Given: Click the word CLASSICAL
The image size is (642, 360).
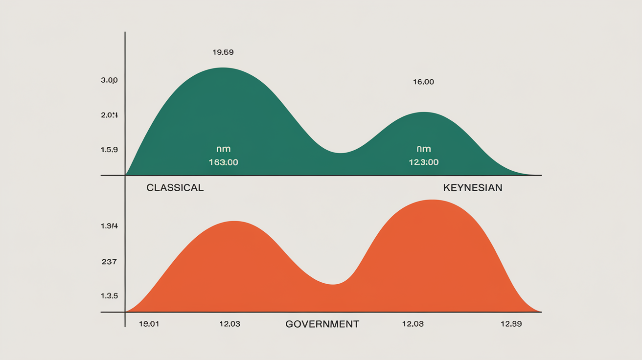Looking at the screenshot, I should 175,188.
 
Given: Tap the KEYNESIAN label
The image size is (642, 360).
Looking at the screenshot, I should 472,188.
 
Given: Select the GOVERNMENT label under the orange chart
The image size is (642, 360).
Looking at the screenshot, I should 322,324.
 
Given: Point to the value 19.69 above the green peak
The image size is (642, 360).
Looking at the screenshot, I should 223,52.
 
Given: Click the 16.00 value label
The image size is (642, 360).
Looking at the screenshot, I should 423,82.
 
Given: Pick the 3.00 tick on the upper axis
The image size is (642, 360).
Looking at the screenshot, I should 109,80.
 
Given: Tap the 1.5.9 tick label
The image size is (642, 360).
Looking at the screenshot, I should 109,150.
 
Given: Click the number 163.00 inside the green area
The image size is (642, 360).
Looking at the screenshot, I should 223,162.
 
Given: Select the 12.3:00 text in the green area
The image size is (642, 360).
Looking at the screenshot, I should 423,162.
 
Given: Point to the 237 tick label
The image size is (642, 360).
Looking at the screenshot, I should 109,262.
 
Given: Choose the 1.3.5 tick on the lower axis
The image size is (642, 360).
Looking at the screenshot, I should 109,296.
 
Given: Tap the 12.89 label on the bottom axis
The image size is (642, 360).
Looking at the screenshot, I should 511,324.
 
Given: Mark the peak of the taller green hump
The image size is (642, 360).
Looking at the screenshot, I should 223,68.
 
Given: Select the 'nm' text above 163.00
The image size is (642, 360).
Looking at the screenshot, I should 223,149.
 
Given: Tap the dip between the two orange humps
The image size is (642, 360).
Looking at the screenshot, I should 333,284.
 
